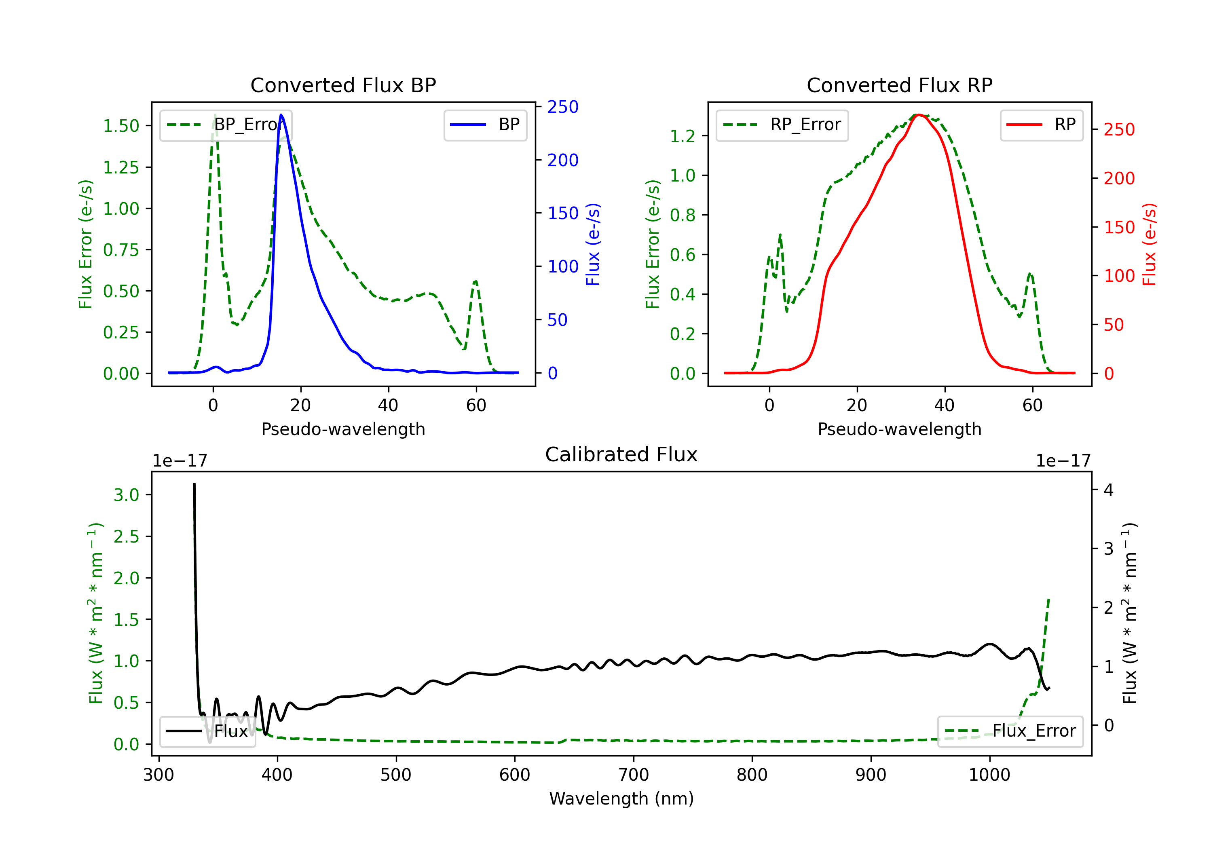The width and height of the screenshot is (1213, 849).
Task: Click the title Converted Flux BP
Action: pos(343,85)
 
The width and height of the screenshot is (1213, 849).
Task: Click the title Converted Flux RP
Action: pos(899,85)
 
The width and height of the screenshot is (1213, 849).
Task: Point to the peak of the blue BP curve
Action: pos(281,115)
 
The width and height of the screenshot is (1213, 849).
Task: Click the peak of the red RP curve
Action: pos(918,115)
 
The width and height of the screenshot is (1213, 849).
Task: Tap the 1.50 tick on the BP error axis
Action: pos(121,126)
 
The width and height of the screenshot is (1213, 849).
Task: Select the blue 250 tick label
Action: pos(563,107)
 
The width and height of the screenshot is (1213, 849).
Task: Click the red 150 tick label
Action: pos(1119,227)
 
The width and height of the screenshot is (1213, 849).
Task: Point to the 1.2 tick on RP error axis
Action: pos(683,136)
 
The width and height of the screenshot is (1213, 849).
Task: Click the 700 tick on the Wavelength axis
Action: pos(634,775)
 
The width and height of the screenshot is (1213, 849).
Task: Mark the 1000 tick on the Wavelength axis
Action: pos(989,775)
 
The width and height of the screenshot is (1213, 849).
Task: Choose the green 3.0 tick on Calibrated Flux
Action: pos(126,495)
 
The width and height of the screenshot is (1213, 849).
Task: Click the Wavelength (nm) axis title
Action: pos(621,798)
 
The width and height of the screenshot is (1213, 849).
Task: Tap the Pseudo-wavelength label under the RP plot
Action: pos(899,429)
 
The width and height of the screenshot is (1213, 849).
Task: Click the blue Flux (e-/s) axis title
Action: pos(593,244)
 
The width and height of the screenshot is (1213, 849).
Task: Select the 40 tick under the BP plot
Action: pos(388,405)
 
